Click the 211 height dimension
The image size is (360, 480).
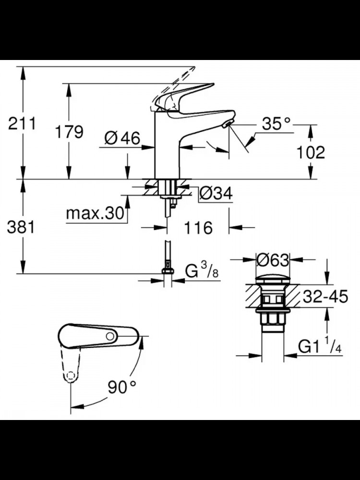click(22, 123)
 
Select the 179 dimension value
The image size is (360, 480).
click(69, 132)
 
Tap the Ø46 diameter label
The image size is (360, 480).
click(122, 138)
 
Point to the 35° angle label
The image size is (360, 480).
click(276, 124)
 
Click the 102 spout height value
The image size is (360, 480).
click(311, 152)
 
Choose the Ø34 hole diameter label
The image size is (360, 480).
click(216, 193)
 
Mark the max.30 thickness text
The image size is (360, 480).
click(95, 214)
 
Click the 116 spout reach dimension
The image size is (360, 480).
click(198, 228)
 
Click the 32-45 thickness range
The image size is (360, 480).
click(325, 296)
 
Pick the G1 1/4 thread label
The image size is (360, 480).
click(320, 347)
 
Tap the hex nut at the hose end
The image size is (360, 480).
click(168, 271)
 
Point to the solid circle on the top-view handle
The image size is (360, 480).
click(110, 336)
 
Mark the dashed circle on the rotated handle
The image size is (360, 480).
click(71, 376)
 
